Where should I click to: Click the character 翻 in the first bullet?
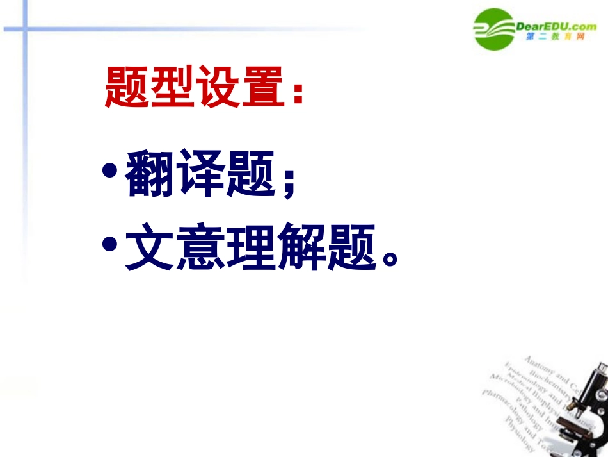click(150, 175)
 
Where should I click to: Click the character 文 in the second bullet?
click(150, 248)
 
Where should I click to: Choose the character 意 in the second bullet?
click(201, 248)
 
